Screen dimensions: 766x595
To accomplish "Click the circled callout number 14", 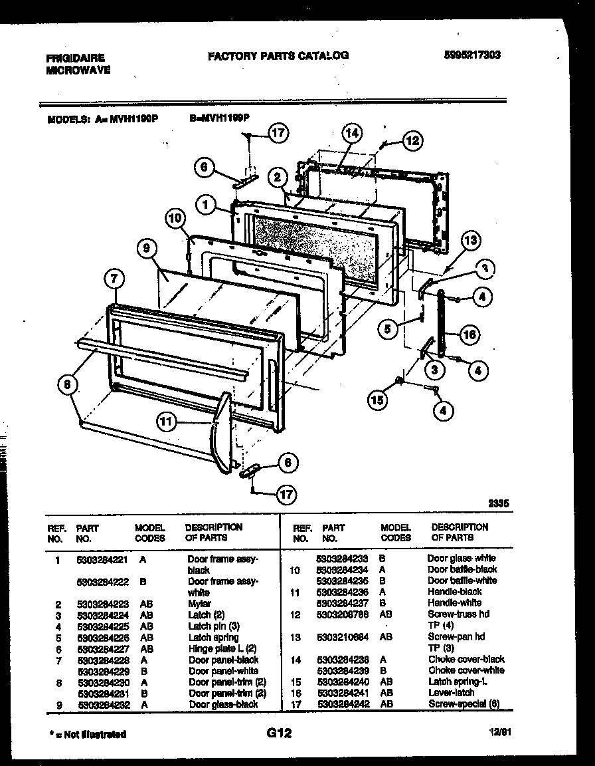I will click(353, 134).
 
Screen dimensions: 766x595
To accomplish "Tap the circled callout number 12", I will click(412, 140).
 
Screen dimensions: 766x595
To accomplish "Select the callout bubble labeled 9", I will click(148, 249).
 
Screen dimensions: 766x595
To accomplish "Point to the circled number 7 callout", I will click(114, 281).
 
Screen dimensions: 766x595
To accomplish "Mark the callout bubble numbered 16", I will click(469, 334).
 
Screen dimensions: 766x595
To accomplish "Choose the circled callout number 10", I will click(174, 217).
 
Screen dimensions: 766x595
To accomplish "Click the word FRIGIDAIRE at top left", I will click(75, 59).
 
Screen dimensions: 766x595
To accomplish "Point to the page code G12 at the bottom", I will click(279, 733).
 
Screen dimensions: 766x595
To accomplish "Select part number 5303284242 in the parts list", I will click(345, 703).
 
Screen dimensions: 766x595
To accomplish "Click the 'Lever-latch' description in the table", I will click(452, 693).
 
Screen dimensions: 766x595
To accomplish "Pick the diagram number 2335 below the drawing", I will click(497, 505).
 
